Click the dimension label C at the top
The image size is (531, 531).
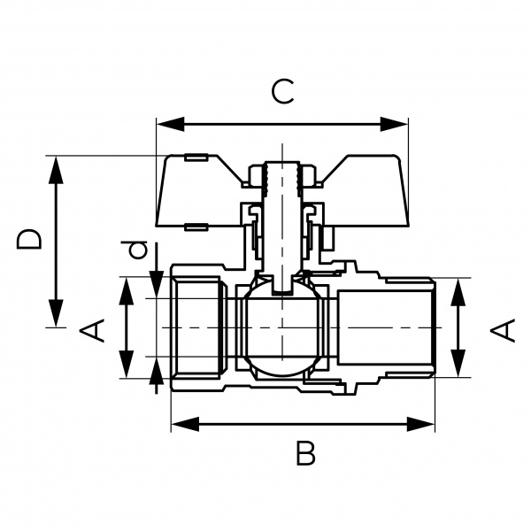point(281,91)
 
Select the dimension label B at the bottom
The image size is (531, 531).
point(305,454)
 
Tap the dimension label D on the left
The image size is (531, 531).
point(29,239)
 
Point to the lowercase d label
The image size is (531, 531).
point(136,250)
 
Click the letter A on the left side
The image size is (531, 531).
point(93,329)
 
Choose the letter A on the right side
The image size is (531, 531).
point(502,330)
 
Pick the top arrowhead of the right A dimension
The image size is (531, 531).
point(458,290)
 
